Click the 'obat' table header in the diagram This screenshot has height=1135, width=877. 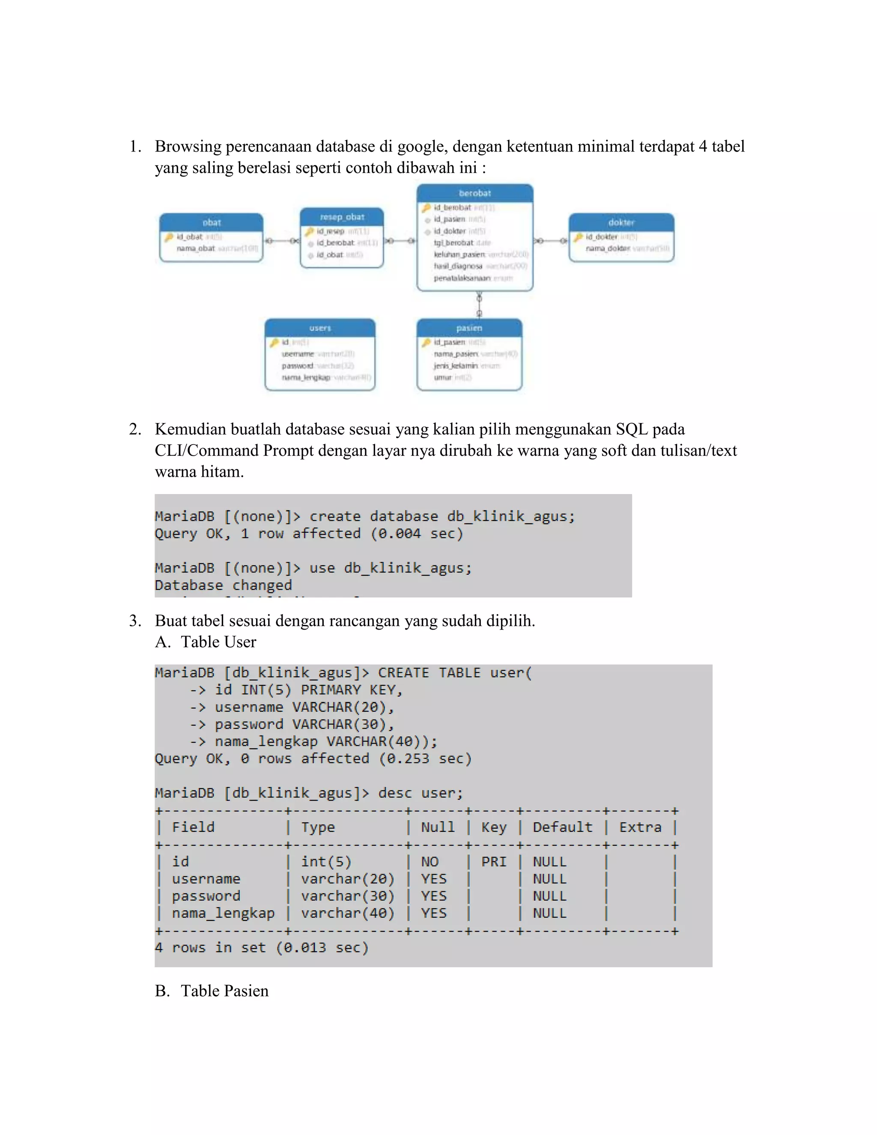coord(212,222)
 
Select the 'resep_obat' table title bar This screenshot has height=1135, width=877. coord(342,217)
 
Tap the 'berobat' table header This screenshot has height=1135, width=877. coord(474,193)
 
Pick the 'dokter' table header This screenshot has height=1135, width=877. coord(621,222)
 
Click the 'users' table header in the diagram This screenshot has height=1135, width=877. coord(320,328)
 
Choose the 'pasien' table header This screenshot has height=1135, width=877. coord(469,328)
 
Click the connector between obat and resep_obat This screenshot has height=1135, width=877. coord(282,241)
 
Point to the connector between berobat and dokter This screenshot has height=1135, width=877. coord(551,241)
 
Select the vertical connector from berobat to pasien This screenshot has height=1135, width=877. coord(479,305)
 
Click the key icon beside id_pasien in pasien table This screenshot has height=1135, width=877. coord(427,342)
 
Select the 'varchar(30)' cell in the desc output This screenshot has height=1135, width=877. coord(348,896)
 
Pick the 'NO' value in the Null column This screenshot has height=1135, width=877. coord(430,862)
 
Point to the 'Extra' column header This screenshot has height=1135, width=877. coord(640,827)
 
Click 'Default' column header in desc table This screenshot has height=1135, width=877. coord(562,827)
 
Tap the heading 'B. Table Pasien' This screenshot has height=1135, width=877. coord(212,991)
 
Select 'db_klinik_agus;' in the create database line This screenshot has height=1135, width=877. coord(511,517)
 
